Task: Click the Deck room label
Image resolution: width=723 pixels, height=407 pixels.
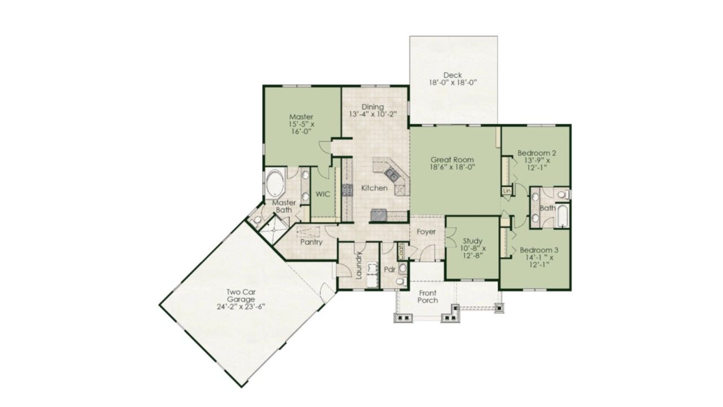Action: pos(452,75)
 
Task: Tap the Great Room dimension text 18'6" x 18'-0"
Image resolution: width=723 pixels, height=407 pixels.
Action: pos(452,167)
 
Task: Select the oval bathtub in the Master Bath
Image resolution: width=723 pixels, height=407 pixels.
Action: pos(274,183)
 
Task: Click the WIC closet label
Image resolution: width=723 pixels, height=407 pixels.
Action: pos(323,194)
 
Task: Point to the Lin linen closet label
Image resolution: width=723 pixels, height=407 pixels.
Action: pos(507,190)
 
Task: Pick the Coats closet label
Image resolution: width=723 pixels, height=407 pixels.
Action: pos(401,251)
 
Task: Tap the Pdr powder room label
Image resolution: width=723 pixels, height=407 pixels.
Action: pos(390,270)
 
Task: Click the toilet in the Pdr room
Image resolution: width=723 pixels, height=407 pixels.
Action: pos(401,282)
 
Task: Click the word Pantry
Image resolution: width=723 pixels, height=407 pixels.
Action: pos(311,242)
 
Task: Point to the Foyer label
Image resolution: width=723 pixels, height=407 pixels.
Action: pos(426,232)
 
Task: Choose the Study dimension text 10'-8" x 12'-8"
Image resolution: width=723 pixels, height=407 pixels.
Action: pos(473,252)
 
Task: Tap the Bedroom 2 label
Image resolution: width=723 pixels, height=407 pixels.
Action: pos(537,153)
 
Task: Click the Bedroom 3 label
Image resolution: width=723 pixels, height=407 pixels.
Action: pos(539,250)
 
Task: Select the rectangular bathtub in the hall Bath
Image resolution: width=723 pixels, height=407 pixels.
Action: pos(563,216)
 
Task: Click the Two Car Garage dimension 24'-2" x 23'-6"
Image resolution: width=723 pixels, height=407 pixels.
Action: pos(241,306)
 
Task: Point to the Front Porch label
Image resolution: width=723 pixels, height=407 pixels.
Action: pos(428,297)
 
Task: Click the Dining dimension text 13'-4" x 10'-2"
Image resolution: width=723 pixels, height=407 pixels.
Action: pos(373,114)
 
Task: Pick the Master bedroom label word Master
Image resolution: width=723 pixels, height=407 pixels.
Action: pos(301,116)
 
